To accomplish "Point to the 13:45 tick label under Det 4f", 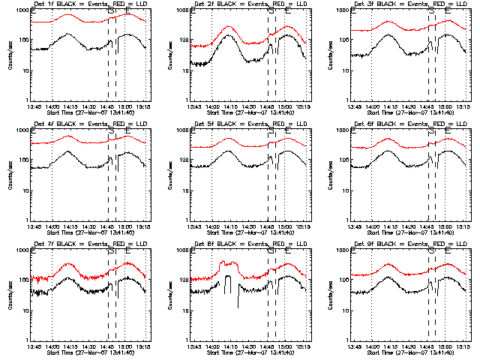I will click(33, 226).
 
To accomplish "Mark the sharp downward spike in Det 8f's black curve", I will click(238, 306).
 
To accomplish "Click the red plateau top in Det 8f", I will click(228, 263).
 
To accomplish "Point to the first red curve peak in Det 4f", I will click(68, 136).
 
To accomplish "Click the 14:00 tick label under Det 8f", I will click(211, 346).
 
